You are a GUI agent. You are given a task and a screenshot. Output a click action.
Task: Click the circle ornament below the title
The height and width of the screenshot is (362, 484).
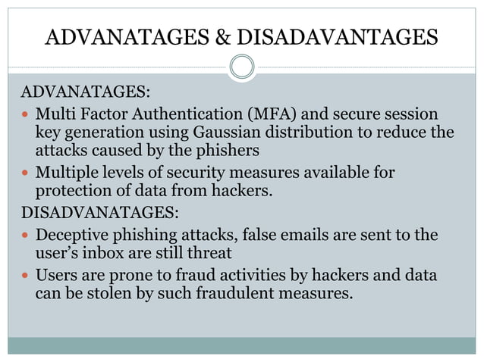242,67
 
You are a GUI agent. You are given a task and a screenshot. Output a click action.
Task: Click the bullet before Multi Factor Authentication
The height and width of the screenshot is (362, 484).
25,115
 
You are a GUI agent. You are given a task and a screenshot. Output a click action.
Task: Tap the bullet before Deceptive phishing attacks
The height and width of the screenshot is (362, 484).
25,236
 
